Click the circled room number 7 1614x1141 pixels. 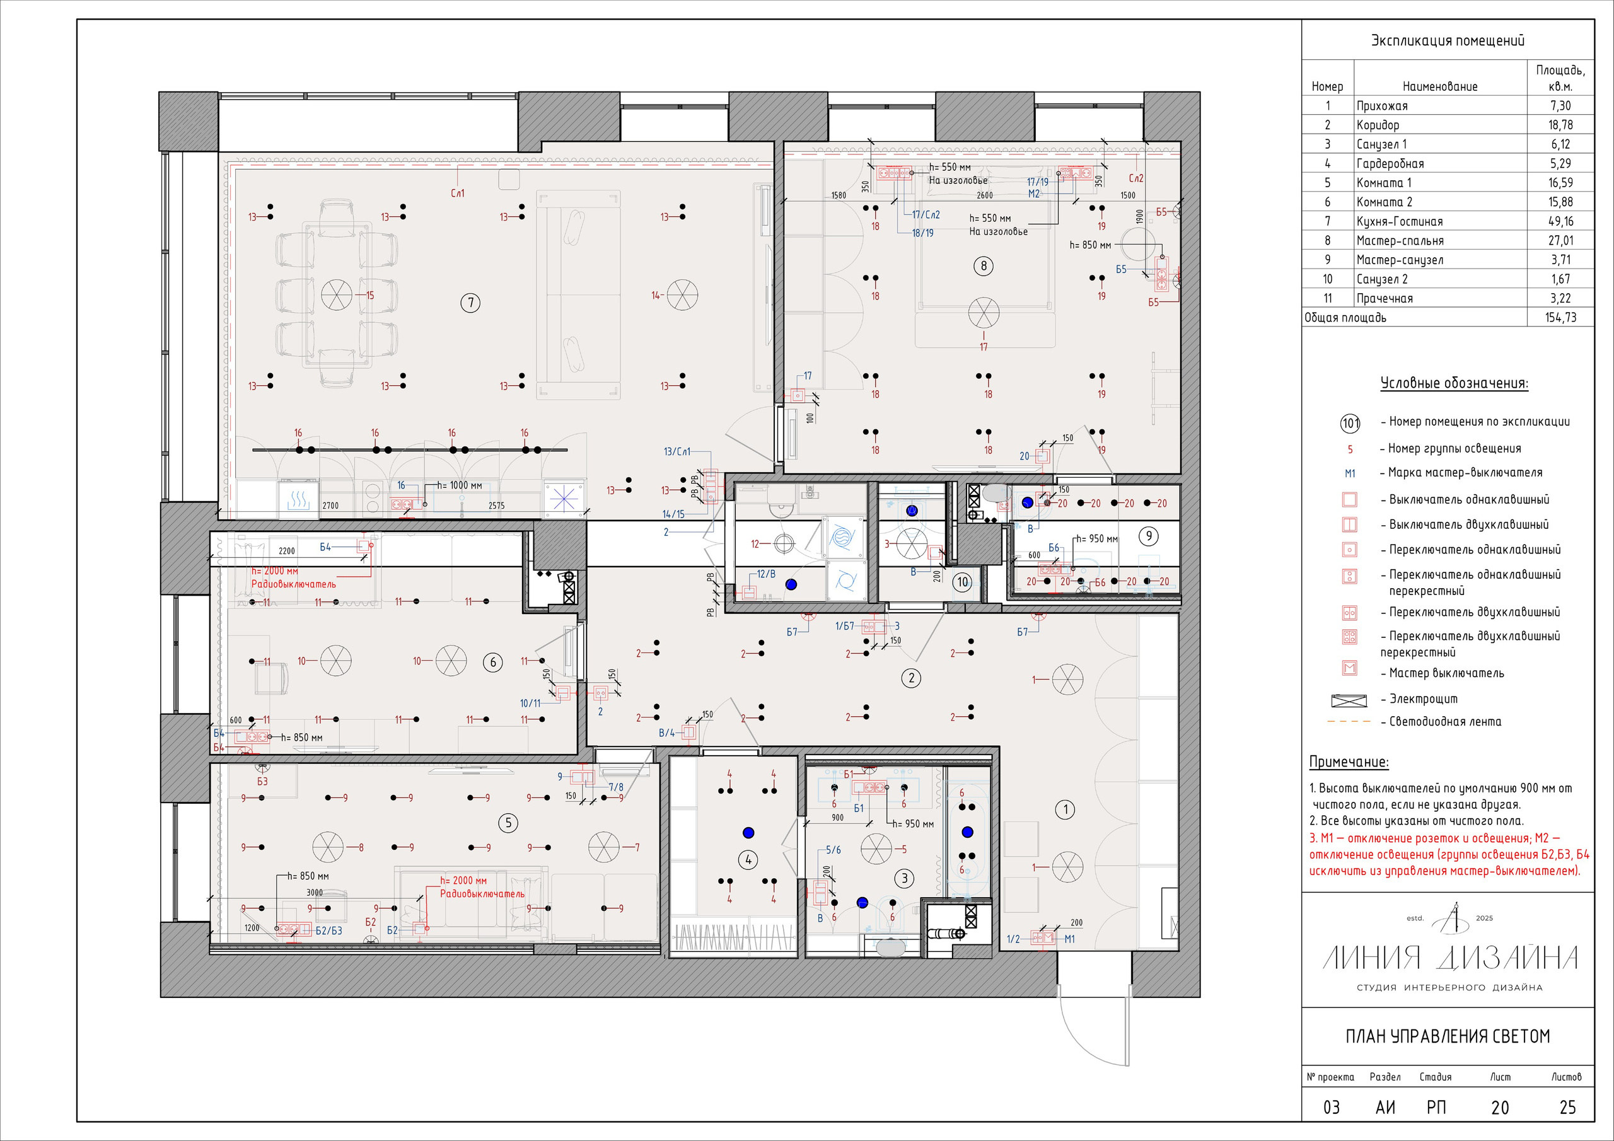(x=470, y=303)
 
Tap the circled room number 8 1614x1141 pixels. (x=984, y=266)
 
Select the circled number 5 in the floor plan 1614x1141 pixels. (x=508, y=823)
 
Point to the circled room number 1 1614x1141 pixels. (x=1065, y=810)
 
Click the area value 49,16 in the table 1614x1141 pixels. (x=1560, y=221)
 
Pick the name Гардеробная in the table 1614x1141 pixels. (x=1390, y=164)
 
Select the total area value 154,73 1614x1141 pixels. (x=1560, y=318)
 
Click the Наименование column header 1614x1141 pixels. (x=1439, y=86)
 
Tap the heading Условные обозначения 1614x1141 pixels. (x=1454, y=384)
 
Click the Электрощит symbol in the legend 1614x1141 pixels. (x=1349, y=700)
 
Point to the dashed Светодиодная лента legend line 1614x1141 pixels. (x=1349, y=722)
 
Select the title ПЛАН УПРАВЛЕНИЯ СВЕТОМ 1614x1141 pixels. (x=1448, y=1036)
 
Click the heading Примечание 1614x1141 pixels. (x=1349, y=762)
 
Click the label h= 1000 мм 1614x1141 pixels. (x=459, y=486)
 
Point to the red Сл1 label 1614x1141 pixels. (x=457, y=194)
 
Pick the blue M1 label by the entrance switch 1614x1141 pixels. (x=1069, y=939)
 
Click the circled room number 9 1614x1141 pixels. (x=1149, y=536)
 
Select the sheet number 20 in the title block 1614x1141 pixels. (x=1499, y=1107)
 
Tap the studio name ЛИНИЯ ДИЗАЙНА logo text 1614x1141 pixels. (x=1449, y=958)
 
